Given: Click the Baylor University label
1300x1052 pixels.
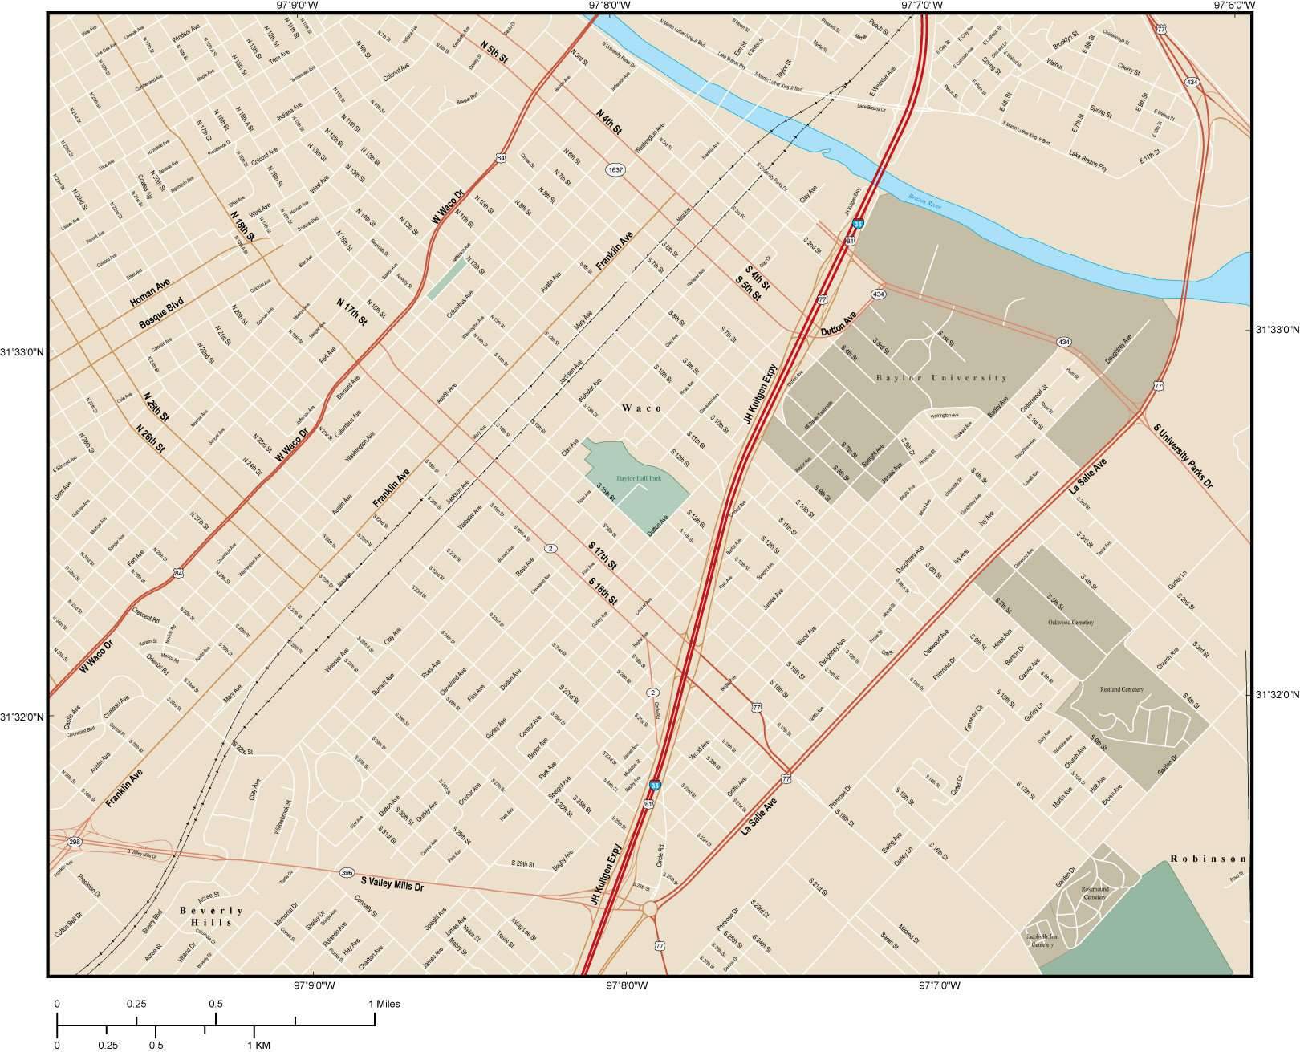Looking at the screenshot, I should pyautogui.click(x=940, y=377).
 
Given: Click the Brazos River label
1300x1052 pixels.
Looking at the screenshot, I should pyautogui.click(x=924, y=201).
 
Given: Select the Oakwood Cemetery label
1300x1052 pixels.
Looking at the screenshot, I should pyautogui.click(x=1070, y=622).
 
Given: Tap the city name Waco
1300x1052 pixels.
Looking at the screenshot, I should pyautogui.click(x=643, y=408).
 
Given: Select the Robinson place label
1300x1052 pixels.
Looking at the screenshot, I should pyautogui.click(x=1209, y=859).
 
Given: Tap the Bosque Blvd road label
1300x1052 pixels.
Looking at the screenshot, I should pyautogui.click(x=161, y=312).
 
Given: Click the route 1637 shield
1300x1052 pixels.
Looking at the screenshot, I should pyautogui.click(x=615, y=170).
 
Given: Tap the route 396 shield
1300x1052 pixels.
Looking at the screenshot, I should pyautogui.click(x=347, y=872).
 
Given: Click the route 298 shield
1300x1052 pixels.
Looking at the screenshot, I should pyautogui.click(x=75, y=842).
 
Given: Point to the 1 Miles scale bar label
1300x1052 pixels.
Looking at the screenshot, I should pyautogui.click(x=384, y=1004).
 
